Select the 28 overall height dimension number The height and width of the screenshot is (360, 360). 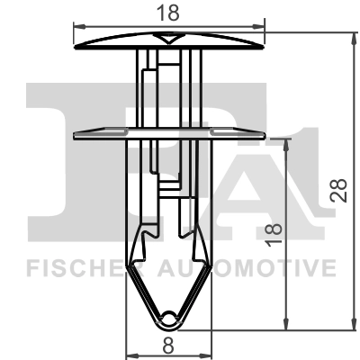(339, 188)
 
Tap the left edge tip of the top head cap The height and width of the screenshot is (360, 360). (73, 42)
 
